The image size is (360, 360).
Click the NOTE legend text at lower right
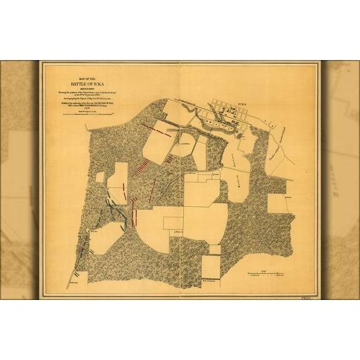[267, 277]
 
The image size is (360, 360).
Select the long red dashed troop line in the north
[157, 130]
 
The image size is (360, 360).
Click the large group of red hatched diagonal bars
[142, 167]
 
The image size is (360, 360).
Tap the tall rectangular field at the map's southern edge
[211, 267]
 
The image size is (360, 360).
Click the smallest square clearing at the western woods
[100, 177]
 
